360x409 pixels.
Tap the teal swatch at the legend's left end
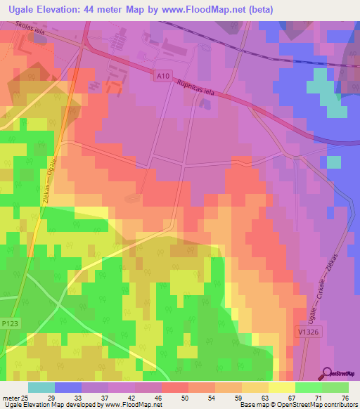pos(41,387)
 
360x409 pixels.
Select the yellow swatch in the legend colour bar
pos(282,387)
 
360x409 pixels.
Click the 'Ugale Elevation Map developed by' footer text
pos(42,405)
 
